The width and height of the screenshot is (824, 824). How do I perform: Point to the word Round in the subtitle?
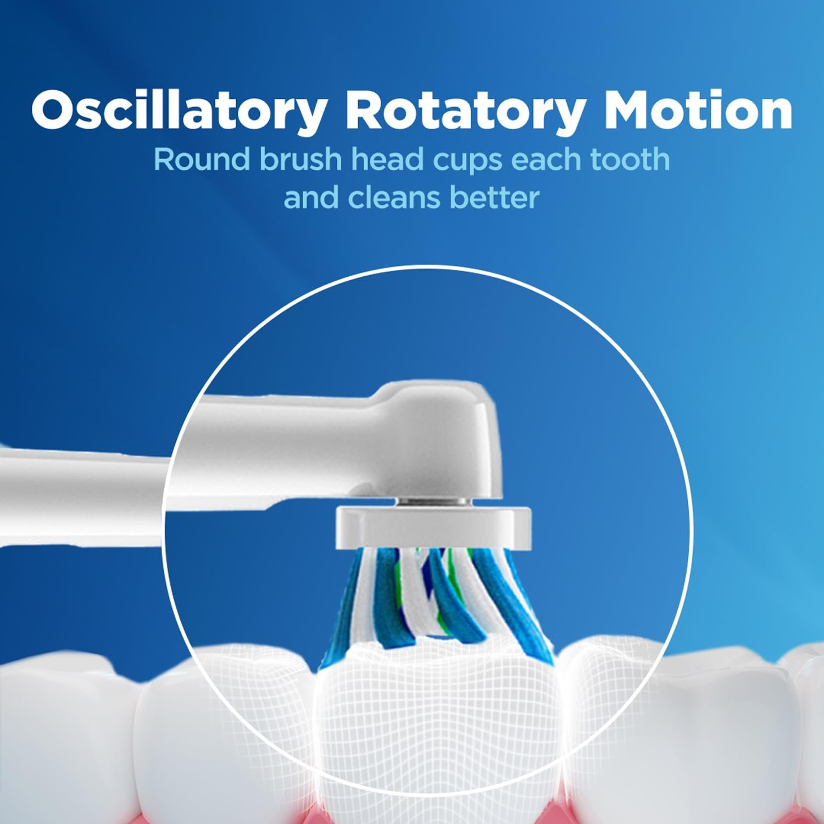coord(201,159)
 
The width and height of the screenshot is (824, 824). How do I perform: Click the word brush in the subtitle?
coord(300,159)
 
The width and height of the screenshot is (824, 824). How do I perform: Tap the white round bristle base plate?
coord(433,527)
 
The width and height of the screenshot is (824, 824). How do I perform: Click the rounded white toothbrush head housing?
coord(439,439)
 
